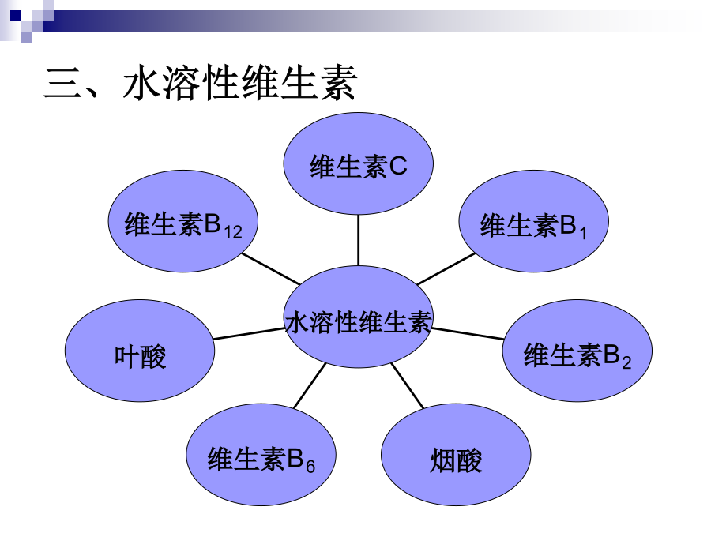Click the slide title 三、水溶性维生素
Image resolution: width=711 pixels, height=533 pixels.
pyautogui.click(x=200, y=82)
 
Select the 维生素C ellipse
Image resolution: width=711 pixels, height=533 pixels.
pyautogui.click(x=358, y=163)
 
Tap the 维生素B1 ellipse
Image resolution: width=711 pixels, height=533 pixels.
pyautogui.click(x=534, y=221)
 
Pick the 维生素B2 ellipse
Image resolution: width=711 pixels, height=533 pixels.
pyautogui.click(x=577, y=351)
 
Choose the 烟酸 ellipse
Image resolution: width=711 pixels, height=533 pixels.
pyautogui.click(x=456, y=455)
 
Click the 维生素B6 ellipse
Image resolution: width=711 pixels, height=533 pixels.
pyautogui.click(x=261, y=455)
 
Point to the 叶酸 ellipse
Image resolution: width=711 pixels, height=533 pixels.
pyautogui.click(x=140, y=351)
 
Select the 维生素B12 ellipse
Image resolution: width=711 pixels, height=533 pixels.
pyautogui.click(x=183, y=221)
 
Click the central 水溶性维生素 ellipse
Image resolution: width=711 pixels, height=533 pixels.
pyautogui.click(x=358, y=317)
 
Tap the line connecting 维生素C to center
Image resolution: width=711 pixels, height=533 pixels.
pyautogui.click(x=358, y=240)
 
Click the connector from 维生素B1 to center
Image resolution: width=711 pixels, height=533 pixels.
pyautogui.click(x=446, y=268)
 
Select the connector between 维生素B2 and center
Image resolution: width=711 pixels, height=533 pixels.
pyautogui.click(x=468, y=333)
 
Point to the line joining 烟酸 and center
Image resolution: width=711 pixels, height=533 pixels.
pyautogui.click(x=407, y=385)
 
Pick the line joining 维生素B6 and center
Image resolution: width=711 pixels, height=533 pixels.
pyautogui.click(x=310, y=385)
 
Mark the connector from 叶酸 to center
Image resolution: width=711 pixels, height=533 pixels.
pyautogui.click(x=249, y=333)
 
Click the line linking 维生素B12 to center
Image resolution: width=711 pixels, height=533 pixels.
pyautogui.click(x=271, y=268)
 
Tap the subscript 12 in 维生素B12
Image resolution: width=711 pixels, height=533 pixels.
pyautogui.click(x=233, y=232)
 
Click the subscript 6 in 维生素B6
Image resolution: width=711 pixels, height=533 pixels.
pyautogui.click(x=310, y=466)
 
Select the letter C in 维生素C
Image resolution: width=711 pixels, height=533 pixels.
pyautogui.click(x=397, y=166)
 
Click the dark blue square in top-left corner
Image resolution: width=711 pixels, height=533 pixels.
pyautogui.click(x=16, y=17)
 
